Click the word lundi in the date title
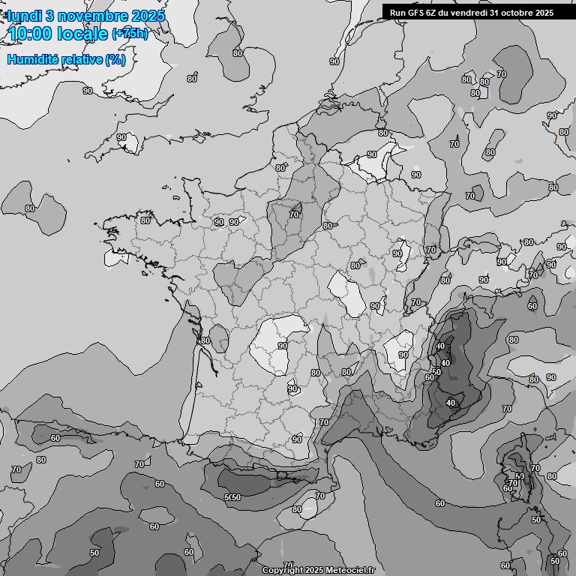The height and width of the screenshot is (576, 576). (24, 16)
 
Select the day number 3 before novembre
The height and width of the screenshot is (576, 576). (50, 16)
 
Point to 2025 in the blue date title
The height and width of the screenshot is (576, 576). (148, 16)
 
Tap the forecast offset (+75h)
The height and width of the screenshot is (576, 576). (130, 34)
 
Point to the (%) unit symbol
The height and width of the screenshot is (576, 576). (115, 59)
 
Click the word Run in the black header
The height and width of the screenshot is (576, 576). (399, 12)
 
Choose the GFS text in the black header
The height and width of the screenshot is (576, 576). (417, 12)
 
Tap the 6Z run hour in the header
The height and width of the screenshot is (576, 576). (433, 12)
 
